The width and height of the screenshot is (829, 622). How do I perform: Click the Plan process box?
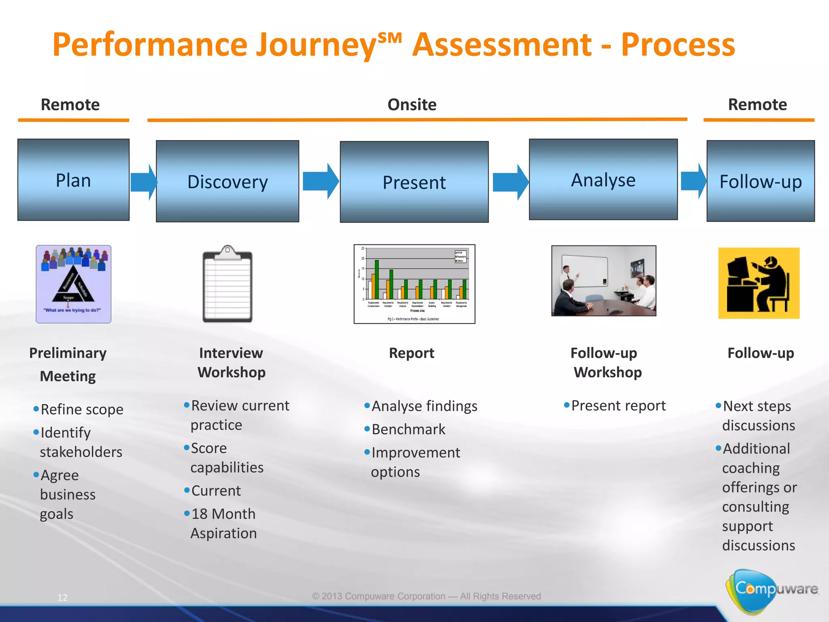point(73,180)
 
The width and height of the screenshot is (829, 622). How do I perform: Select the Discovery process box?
point(227,181)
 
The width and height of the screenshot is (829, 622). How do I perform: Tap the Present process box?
point(414,182)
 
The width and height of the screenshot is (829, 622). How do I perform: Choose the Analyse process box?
point(603,179)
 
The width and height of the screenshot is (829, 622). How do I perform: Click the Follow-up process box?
point(760,181)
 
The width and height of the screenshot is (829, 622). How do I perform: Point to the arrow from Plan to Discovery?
point(143,182)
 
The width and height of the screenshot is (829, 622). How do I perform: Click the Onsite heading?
point(412,104)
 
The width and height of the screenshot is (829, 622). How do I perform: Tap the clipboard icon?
point(227,284)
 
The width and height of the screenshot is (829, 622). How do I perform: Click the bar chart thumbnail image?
point(414,284)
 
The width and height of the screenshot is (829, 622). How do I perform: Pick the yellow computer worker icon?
point(759,283)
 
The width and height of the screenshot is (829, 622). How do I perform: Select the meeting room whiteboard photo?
point(604,281)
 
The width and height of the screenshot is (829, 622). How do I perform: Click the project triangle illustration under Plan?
point(73,284)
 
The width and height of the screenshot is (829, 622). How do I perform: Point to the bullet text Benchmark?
point(408,429)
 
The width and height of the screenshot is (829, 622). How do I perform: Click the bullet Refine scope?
point(82,409)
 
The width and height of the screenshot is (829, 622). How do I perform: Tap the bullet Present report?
point(618,405)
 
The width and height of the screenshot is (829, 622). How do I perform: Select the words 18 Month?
point(223,514)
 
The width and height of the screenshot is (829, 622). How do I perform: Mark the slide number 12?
point(62,597)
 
